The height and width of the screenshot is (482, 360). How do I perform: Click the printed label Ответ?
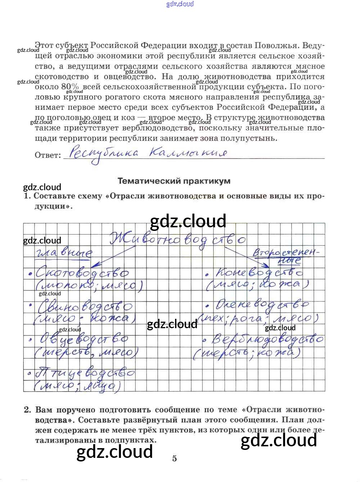(48, 155)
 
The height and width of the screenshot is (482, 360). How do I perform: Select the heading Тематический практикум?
(174, 181)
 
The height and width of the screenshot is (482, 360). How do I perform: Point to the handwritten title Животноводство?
(177, 239)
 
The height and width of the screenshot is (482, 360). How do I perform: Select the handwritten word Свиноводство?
(85, 307)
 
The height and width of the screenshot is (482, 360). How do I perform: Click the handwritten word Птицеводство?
(85, 373)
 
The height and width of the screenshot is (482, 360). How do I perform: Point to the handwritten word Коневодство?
(259, 273)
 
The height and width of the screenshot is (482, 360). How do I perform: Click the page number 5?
(175, 458)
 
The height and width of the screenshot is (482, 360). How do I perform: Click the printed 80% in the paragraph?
(69, 87)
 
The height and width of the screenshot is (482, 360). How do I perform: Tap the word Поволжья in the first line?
(276, 46)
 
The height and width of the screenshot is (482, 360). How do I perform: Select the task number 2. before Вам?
(28, 410)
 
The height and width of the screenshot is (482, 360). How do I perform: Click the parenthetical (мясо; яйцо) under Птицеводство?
(78, 386)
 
